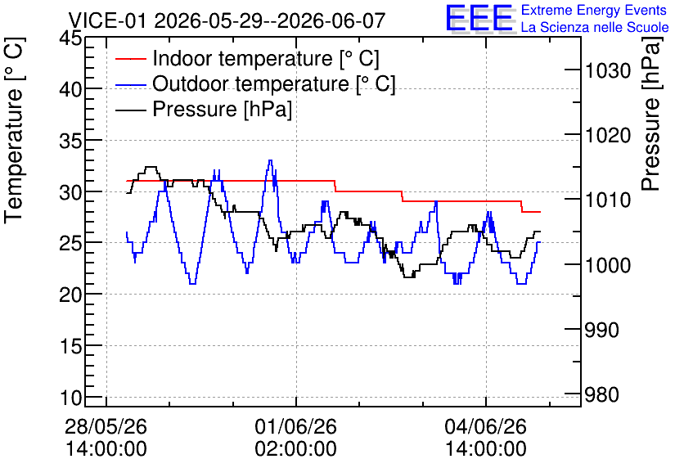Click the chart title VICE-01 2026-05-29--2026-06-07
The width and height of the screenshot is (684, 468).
coord(227,20)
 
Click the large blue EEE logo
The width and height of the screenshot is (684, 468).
coord(479,18)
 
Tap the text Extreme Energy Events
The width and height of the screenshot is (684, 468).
coord(594,10)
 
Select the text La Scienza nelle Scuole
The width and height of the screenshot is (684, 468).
coord(595,27)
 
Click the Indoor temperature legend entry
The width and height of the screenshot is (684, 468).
coord(247,58)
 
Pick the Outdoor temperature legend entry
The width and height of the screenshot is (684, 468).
coord(255,83)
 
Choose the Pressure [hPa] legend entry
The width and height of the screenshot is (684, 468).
coord(204,109)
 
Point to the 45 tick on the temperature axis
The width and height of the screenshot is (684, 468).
coord(70,38)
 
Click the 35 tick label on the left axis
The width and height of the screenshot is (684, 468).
coord(70,141)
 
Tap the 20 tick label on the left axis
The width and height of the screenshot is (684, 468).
coord(70,295)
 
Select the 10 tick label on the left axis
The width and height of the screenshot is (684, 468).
coord(70,398)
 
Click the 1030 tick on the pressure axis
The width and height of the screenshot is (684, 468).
coord(608,70)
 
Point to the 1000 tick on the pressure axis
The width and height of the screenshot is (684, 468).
coord(608,265)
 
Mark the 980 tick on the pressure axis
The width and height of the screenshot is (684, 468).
coord(602,395)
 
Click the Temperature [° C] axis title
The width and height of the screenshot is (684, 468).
coord(14,131)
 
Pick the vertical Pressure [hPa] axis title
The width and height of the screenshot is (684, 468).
coord(651,114)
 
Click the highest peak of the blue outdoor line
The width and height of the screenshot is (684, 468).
coord(271,160)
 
